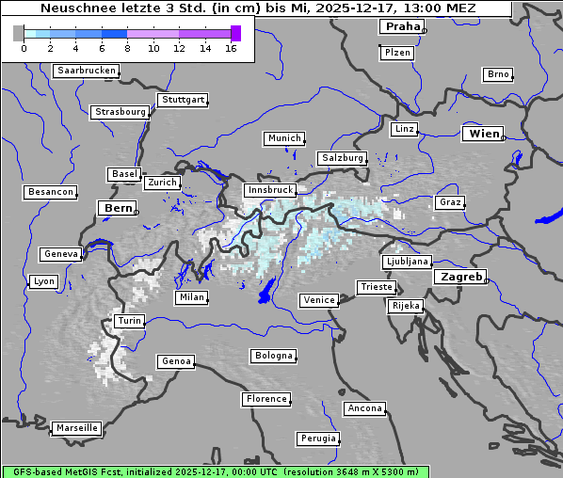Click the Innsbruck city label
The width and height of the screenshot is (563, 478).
[x=269, y=190]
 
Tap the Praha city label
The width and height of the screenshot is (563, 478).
[x=401, y=27]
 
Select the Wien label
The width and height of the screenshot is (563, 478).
[x=484, y=135]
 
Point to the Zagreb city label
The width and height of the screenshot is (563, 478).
[x=460, y=278]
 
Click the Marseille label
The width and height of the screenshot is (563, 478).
[x=76, y=428]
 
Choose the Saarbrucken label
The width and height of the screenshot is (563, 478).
[x=87, y=71]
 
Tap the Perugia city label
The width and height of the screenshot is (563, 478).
[x=317, y=438]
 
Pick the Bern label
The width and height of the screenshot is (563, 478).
[x=118, y=208]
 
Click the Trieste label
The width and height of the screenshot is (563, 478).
[x=376, y=287]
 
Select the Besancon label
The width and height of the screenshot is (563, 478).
[x=50, y=192]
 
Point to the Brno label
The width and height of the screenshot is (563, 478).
[x=497, y=74]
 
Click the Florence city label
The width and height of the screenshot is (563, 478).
[x=265, y=399]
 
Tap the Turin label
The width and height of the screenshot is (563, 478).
[x=129, y=321]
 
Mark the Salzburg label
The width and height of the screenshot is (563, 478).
[x=341, y=158]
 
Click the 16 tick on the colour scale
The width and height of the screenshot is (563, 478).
[x=231, y=48]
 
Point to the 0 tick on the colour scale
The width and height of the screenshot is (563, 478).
[x=24, y=48]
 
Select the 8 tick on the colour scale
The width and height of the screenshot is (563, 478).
[x=127, y=48]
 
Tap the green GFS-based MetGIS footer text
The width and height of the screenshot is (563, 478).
[x=215, y=471]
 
